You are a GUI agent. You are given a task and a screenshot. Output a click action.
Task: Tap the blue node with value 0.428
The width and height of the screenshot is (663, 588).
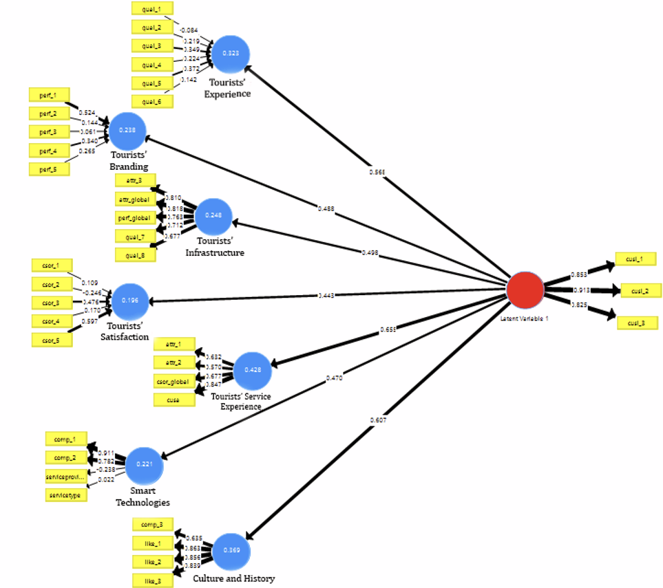tap(253, 370)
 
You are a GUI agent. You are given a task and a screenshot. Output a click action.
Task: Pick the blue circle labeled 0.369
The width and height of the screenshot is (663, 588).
tap(231, 551)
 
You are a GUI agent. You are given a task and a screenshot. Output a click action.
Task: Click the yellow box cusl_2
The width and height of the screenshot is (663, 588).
tap(641, 290)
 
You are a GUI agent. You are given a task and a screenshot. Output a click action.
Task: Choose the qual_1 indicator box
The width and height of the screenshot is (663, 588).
tap(152, 8)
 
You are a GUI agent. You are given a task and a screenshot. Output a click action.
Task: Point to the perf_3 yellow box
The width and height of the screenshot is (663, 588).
tap(49, 131)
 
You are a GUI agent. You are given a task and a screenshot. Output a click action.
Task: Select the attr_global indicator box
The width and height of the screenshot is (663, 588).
tap(135, 199)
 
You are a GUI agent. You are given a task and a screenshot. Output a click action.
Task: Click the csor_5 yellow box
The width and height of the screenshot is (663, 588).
tap(52, 339)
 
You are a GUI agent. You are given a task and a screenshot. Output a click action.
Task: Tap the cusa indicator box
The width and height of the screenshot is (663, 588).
tap(174, 399)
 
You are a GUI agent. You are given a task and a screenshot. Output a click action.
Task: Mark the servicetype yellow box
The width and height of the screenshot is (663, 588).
tap(66, 494)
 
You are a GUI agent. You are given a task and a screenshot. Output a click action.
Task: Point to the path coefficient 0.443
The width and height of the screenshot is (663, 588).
tap(327, 296)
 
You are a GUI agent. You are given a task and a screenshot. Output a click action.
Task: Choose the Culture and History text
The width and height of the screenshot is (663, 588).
tap(233, 578)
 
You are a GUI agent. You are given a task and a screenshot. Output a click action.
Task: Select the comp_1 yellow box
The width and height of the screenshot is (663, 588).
tap(65, 439)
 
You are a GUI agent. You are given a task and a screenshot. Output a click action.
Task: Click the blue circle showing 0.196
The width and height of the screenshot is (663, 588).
tap(131, 301)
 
